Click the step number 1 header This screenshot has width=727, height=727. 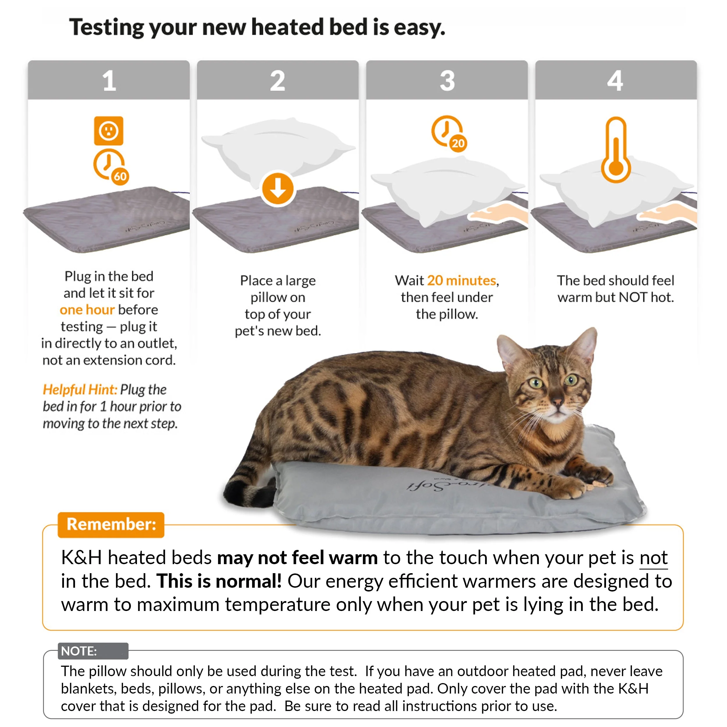tap(109, 81)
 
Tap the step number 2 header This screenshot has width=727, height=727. tap(278, 81)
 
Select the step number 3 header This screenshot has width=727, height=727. tap(447, 81)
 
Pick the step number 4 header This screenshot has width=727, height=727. tap(616, 81)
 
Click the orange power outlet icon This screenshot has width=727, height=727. tap(109, 131)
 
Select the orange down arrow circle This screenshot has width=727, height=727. tap(278, 188)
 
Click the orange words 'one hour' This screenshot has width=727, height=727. tap(87, 309)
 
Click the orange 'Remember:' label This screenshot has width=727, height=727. tap(111, 524)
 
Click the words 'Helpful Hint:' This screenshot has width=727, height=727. tap(80, 389)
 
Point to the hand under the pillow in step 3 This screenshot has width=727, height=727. tap(497, 215)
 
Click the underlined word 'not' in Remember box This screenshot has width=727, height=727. tap(654, 557)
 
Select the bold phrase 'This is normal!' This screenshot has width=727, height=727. tap(219, 581)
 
